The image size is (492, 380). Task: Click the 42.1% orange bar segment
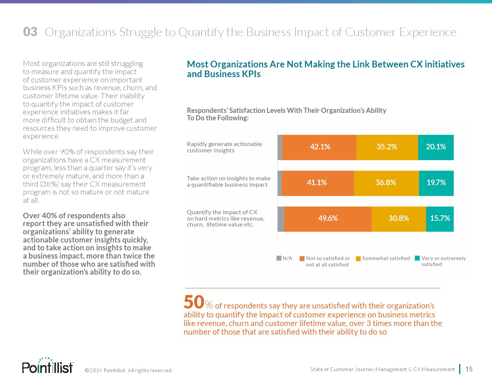pyautogui.click(x=319, y=147)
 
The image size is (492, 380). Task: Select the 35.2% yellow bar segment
pyautogui.click(x=387, y=147)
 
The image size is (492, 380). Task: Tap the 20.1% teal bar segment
pyautogui.click(x=436, y=147)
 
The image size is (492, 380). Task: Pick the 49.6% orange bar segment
pyautogui.click(x=328, y=219)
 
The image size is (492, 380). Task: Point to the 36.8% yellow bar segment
pyautogui.click(x=386, y=183)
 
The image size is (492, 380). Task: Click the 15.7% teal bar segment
pyautogui.click(x=440, y=219)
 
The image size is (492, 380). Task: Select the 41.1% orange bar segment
pyautogui.click(x=318, y=183)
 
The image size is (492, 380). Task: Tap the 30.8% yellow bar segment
pyautogui.click(x=398, y=219)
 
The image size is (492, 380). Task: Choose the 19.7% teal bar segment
pyautogui.click(x=436, y=183)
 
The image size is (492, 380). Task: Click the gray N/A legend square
pyautogui.click(x=279, y=258)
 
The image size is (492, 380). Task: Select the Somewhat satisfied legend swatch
pyautogui.click(x=358, y=259)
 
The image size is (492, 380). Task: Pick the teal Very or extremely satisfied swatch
pyautogui.click(x=417, y=258)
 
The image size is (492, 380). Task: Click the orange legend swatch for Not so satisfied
pyautogui.click(x=302, y=259)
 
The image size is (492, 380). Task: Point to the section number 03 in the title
pyautogui.click(x=30, y=32)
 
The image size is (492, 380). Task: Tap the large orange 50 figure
pyautogui.click(x=194, y=302)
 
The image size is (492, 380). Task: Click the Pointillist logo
pyautogui.click(x=48, y=366)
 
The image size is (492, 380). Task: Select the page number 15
pyautogui.click(x=469, y=369)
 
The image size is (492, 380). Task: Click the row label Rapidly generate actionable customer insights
pyautogui.click(x=224, y=147)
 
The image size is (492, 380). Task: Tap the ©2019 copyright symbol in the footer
pyautogui.click(x=87, y=371)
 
